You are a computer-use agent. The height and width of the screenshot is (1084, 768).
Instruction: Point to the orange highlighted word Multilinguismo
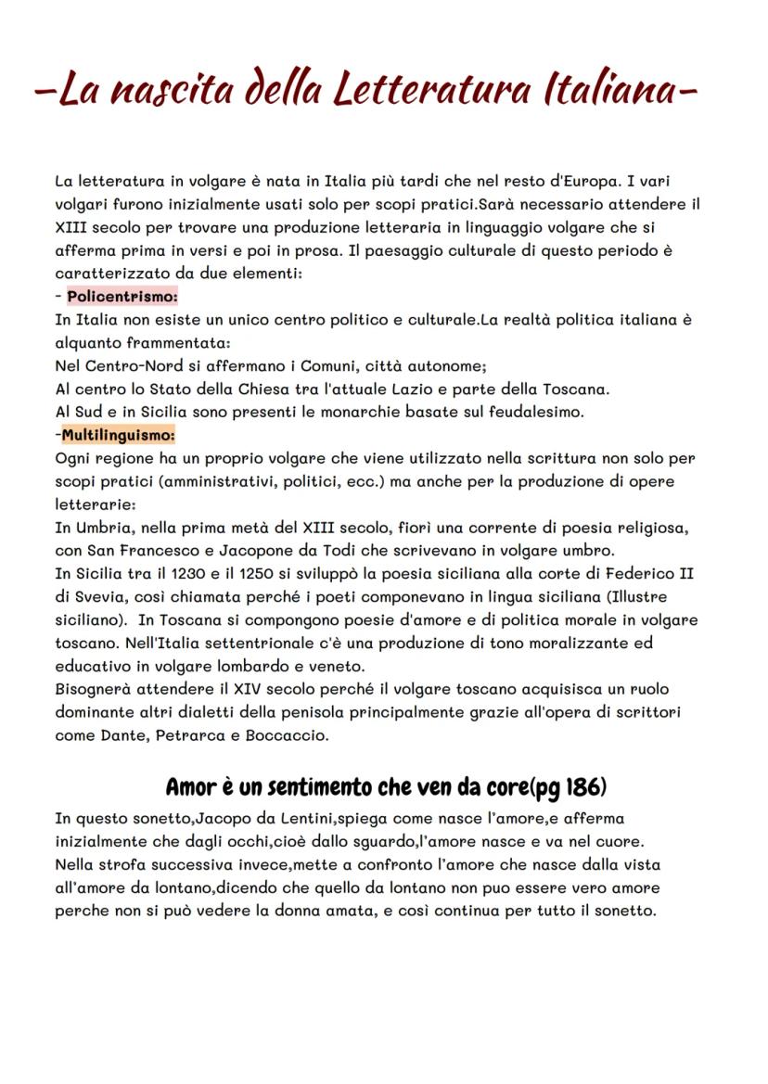point(119,434)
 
